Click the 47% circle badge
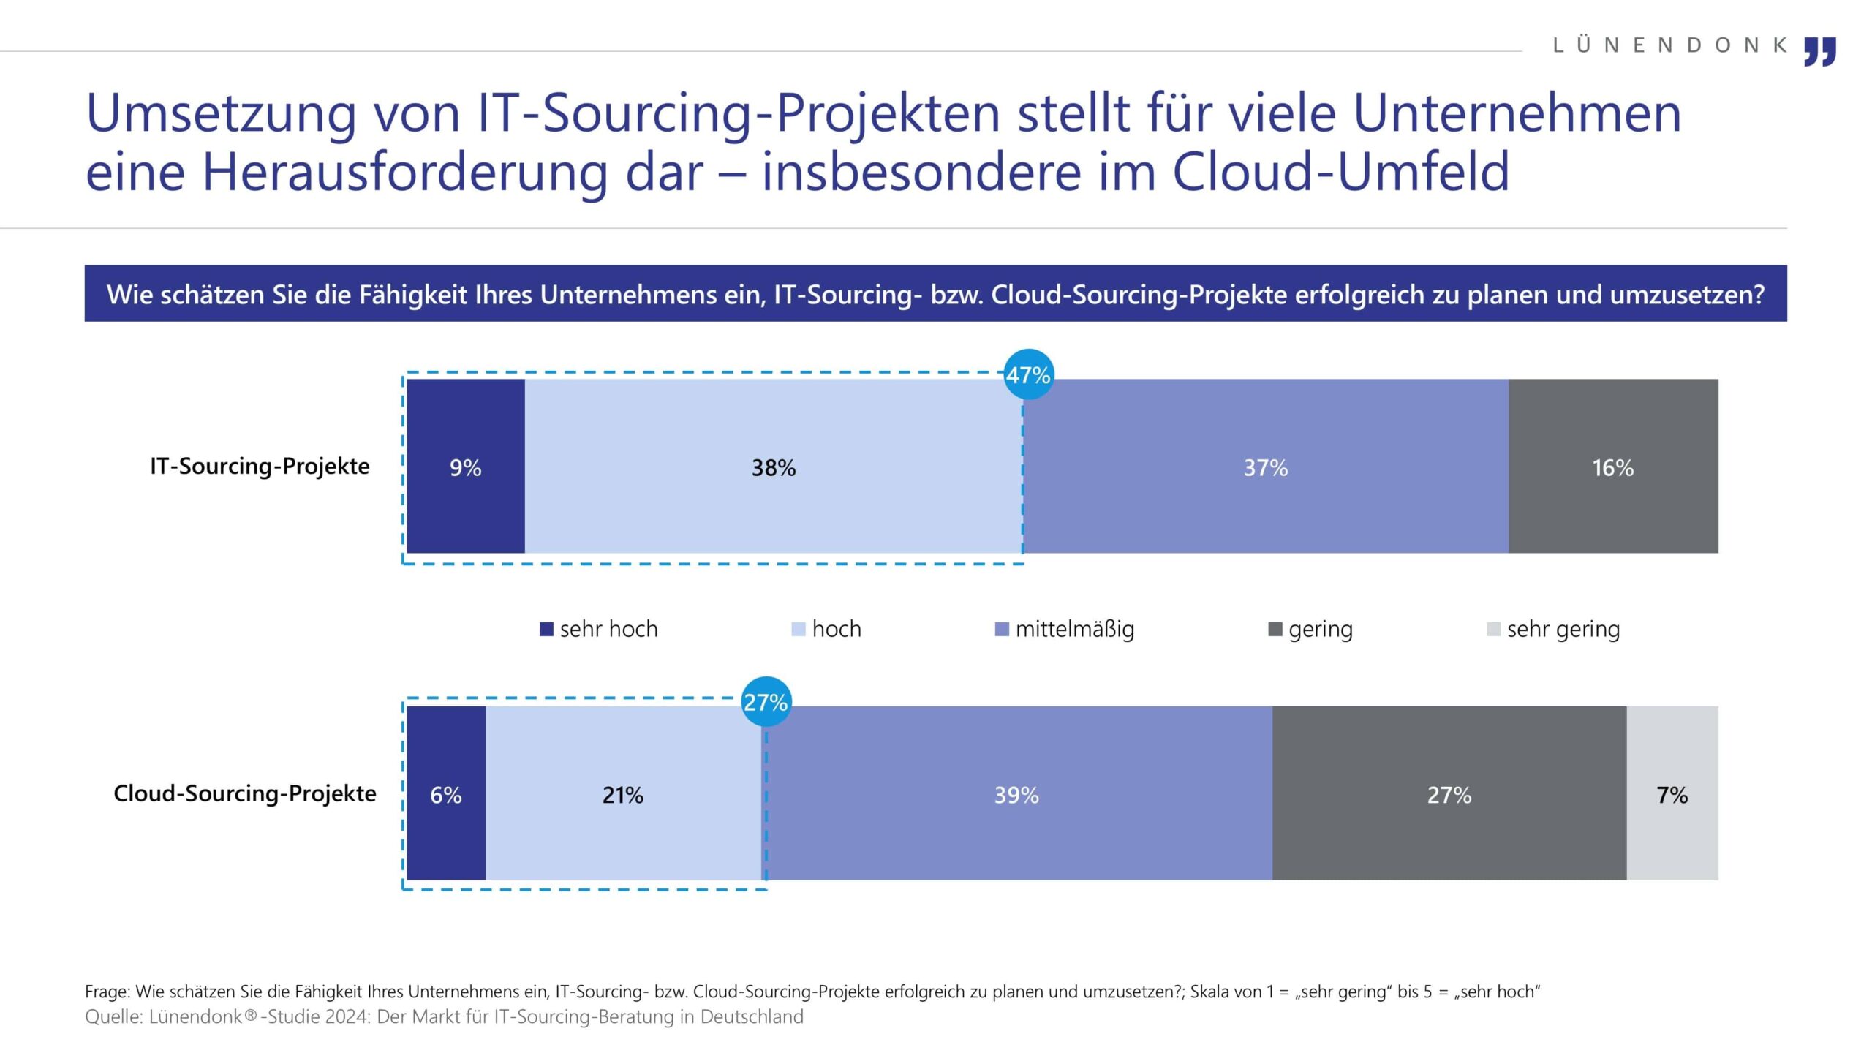(x=1028, y=374)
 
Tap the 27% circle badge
(x=766, y=702)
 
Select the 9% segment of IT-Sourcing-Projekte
(x=466, y=467)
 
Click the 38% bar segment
(x=774, y=467)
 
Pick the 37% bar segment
(x=1265, y=467)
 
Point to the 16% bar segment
(x=1613, y=467)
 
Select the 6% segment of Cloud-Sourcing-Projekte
(x=446, y=793)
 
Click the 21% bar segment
(x=624, y=793)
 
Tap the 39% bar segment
(x=1016, y=793)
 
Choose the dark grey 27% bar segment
(x=1449, y=793)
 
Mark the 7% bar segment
(x=1672, y=793)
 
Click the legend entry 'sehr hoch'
(x=599, y=629)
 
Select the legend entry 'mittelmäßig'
(x=1065, y=629)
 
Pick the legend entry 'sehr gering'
(x=1554, y=629)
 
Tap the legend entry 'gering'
(x=1311, y=629)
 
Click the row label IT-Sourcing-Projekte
(x=260, y=466)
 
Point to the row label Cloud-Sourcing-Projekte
(x=245, y=793)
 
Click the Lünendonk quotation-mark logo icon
(x=1819, y=51)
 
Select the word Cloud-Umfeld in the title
(x=1341, y=171)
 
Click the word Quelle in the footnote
(x=113, y=1017)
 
